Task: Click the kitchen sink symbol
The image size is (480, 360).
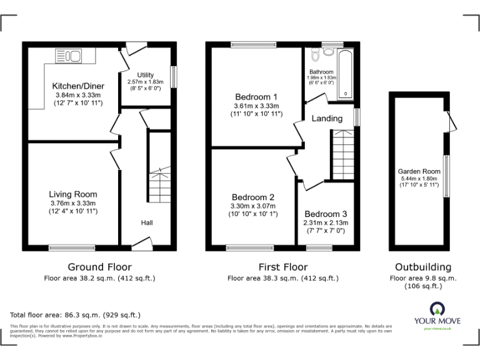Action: pyautogui.click(x=69, y=57)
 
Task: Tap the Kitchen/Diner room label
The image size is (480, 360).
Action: pyautogui.click(x=78, y=86)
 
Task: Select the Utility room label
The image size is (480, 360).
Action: pyautogui.click(x=145, y=75)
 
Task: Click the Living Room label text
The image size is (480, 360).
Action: pyautogui.click(x=74, y=194)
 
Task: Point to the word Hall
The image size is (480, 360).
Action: pyautogui.click(x=147, y=223)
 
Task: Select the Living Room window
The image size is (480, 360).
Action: pyautogui.click(x=72, y=247)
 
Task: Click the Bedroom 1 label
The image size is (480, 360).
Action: pyautogui.click(x=256, y=97)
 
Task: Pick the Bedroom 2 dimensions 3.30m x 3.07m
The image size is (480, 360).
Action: pyautogui.click(x=254, y=206)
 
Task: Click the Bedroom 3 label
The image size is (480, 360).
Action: pyautogui.click(x=326, y=214)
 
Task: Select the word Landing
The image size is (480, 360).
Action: pyautogui.click(x=327, y=119)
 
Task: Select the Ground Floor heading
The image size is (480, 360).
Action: pyautogui.click(x=99, y=267)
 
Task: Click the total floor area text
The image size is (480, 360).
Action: pyautogui.click(x=76, y=315)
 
